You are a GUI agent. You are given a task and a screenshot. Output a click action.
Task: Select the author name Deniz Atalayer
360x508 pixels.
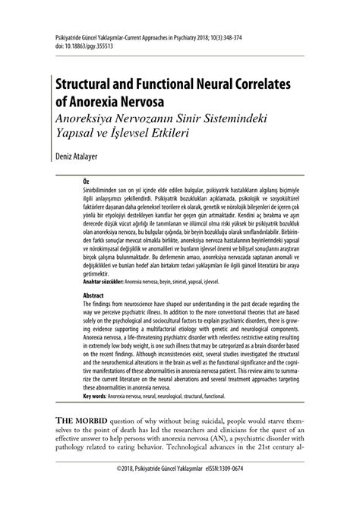[x=75, y=160]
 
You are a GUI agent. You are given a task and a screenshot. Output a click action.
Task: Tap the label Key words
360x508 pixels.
[x=95, y=396]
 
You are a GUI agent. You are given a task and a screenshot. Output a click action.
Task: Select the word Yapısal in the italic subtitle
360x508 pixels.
[x=73, y=131]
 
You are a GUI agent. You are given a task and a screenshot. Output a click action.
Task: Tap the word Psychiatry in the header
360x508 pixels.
[x=178, y=36]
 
